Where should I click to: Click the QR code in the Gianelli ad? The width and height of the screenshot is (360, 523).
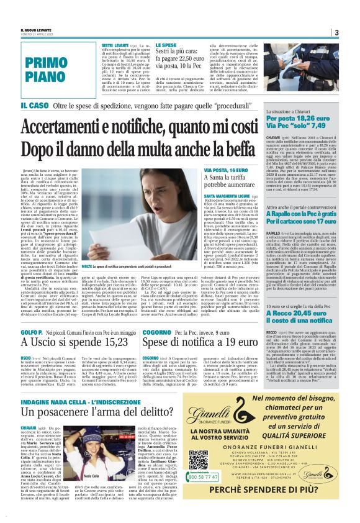pyautogui.click(x=199, y=459)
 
